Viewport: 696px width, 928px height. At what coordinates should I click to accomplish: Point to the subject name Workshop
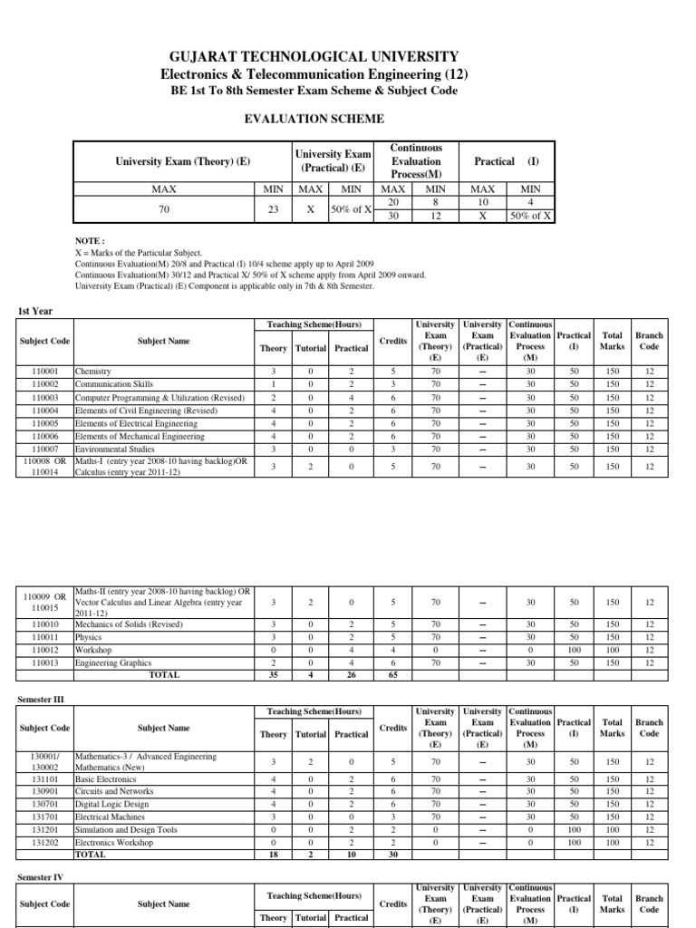click(93, 650)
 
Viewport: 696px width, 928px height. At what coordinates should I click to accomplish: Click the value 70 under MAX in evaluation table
click(164, 208)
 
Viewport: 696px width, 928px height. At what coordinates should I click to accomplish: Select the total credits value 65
click(394, 675)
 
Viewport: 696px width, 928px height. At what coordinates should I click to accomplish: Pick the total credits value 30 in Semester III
click(394, 855)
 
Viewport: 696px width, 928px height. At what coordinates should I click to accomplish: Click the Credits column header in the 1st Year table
click(394, 342)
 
